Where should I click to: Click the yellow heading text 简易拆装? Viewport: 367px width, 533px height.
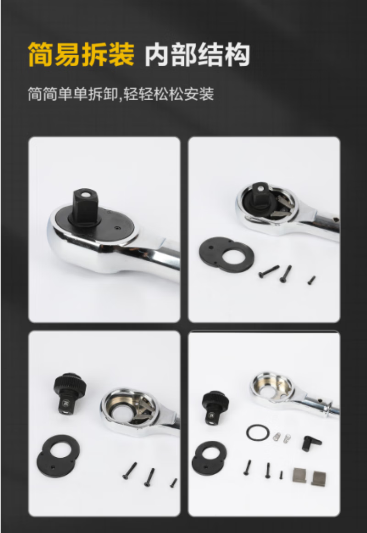(x=81, y=54)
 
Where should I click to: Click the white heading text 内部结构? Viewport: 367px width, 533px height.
(x=197, y=55)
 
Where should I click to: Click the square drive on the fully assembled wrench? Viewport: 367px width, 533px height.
(x=85, y=206)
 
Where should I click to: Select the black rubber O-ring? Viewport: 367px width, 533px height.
(x=258, y=433)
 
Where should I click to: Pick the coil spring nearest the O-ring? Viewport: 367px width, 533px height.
(x=278, y=437)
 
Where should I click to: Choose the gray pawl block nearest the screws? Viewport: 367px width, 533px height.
(x=300, y=475)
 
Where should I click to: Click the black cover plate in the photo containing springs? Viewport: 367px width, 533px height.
(x=209, y=458)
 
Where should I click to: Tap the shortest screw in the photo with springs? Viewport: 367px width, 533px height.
(x=281, y=475)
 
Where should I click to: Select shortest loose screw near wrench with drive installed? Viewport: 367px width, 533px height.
(x=311, y=280)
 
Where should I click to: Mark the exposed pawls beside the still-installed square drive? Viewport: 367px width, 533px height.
(x=283, y=206)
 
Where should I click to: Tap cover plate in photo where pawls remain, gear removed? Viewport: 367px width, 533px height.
(x=58, y=456)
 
